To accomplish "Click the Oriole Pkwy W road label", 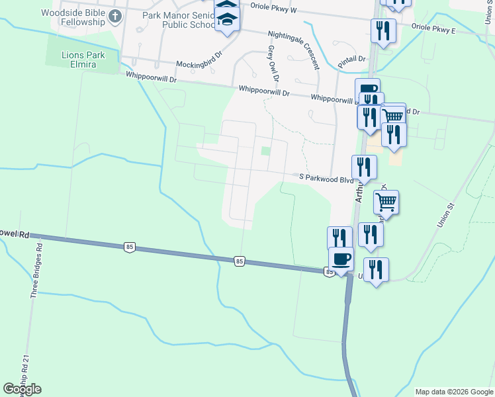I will pos(274,7).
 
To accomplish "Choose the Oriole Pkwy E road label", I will pos(433,29).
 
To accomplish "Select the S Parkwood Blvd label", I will pos(327,177).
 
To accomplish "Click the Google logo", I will pos(22,389).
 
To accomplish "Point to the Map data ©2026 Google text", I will pos(453,392).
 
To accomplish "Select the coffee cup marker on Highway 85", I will pos(341,259).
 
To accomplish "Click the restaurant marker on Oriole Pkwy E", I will pos(383,30).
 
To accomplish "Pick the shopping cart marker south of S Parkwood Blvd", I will pos(386,202).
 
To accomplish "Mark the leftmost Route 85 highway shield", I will pos(129,247).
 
